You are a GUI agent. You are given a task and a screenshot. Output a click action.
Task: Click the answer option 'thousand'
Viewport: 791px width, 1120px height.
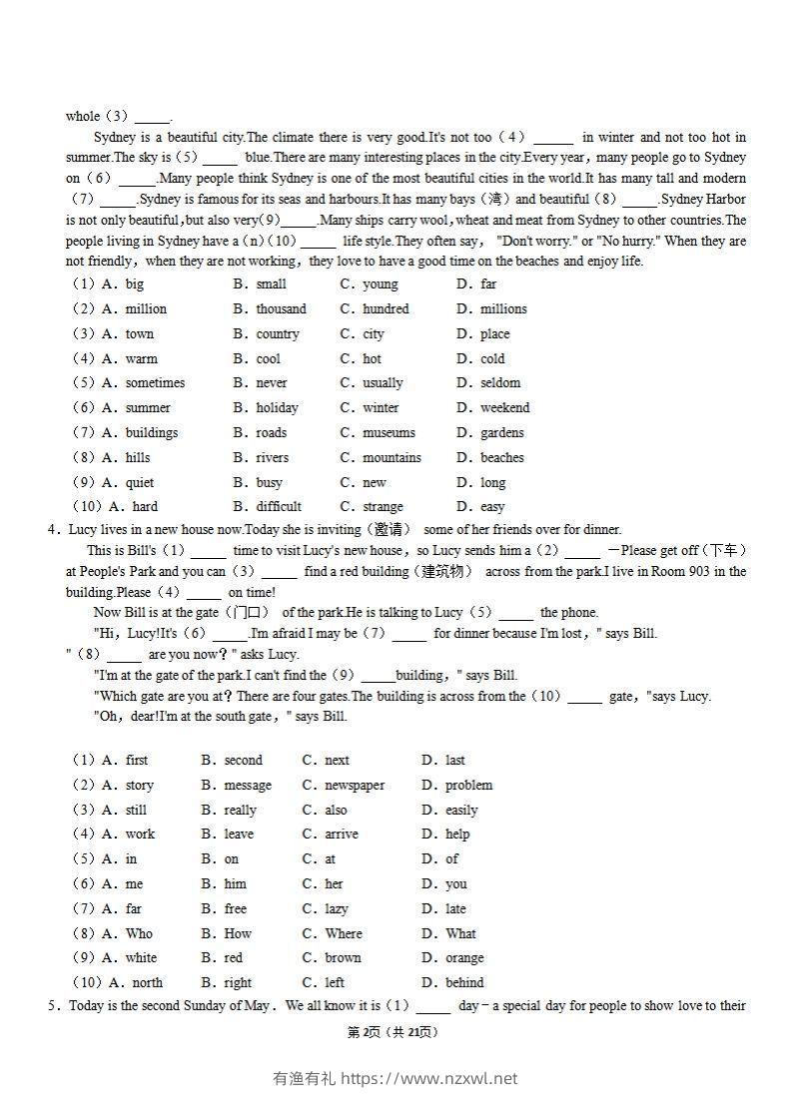pyautogui.click(x=281, y=309)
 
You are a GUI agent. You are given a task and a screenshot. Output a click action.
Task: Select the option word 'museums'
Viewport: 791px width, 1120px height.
pyautogui.click(x=389, y=433)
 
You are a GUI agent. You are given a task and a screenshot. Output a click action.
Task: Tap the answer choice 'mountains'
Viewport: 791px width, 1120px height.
pyautogui.click(x=392, y=458)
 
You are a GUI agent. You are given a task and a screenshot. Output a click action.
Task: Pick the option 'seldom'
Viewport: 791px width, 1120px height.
pyautogui.click(x=500, y=383)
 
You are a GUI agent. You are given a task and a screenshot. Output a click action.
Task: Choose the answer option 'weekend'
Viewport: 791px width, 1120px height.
pyautogui.click(x=504, y=408)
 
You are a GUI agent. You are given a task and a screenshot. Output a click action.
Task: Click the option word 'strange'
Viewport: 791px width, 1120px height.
pyautogui.click(x=383, y=507)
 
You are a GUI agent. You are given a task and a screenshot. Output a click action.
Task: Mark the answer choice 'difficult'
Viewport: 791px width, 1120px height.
pyautogui.click(x=279, y=507)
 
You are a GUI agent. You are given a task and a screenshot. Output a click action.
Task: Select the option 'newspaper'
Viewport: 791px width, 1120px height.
pyautogui.click(x=355, y=786)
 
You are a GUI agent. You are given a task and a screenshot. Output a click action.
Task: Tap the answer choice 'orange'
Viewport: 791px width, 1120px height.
pyautogui.click(x=464, y=958)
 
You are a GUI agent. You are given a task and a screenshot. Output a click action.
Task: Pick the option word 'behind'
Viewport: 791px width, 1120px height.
pyautogui.click(x=464, y=983)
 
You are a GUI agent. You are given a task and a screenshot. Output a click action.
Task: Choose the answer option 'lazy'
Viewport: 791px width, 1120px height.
pyautogui.click(x=337, y=909)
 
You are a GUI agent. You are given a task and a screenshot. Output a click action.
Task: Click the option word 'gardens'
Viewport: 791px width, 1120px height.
pyautogui.click(x=501, y=433)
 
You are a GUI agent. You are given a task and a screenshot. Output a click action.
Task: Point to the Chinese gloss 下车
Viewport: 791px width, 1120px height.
pyautogui.click(x=722, y=551)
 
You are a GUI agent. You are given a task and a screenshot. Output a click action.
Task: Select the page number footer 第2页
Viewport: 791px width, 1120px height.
pyautogui.click(x=366, y=1032)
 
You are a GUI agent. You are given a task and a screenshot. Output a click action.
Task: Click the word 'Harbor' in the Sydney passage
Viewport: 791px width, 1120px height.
pyautogui.click(x=725, y=200)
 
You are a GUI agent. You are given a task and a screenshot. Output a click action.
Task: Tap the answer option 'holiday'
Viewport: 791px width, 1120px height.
pyautogui.click(x=277, y=408)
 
